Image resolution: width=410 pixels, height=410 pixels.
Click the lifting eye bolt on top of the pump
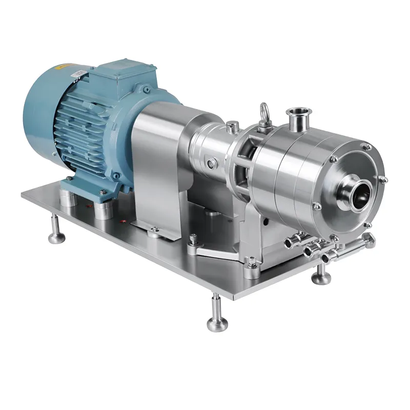(265, 112)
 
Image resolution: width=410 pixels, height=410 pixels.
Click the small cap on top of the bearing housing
(233, 125)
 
